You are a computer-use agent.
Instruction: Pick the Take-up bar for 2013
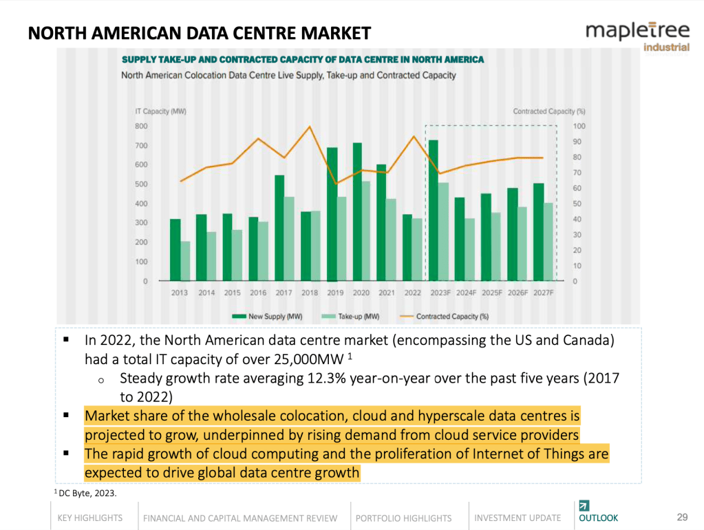(x=185, y=261)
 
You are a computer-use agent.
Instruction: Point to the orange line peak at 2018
(x=310, y=127)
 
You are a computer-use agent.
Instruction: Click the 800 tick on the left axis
(x=140, y=126)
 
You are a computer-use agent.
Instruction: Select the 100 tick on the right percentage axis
(x=579, y=126)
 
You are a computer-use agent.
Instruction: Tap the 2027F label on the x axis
(x=543, y=293)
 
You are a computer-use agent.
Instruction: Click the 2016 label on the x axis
(x=258, y=293)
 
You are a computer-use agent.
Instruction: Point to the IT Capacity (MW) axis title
(x=160, y=112)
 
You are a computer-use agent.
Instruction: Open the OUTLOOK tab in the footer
(x=598, y=518)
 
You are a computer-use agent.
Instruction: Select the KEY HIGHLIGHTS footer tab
(x=90, y=518)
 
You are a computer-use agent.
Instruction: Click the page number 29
(x=683, y=517)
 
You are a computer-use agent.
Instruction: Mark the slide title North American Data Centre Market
(x=200, y=33)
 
